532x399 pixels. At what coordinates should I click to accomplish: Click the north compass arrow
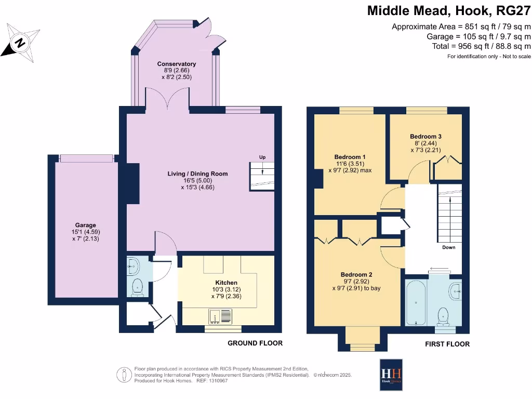pos(20,42)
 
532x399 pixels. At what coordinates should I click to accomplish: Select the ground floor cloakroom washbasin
pos(132,267)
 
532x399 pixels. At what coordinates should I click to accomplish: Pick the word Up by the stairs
pos(262,157)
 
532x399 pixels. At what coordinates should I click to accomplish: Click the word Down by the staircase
pos(448,247)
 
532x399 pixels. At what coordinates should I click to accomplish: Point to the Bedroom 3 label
pos(425,136)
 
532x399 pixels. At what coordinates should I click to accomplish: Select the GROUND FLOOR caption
pos(255,343)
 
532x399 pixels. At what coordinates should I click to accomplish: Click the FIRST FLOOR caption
pos(447,344)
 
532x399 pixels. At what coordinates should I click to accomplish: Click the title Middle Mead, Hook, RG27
pos(449,11)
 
